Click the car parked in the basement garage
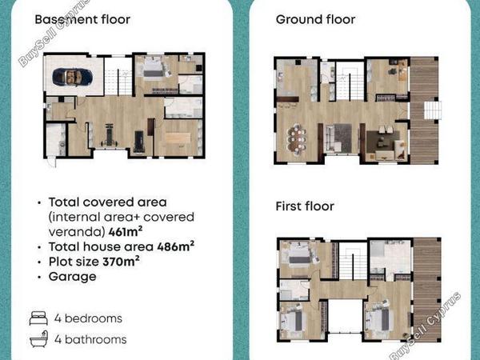tap(72, 77)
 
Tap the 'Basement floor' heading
tap(82, 19)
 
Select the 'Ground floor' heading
tap(316, 19)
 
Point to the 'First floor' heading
tap(305, 206)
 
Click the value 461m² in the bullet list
tap(126, 232)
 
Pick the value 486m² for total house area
tap(176, 246)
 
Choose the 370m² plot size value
tap(122, 262)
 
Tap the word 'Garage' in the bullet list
tap(73, 277)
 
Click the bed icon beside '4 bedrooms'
tap(38, 318)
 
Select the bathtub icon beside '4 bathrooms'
tap(38, 339)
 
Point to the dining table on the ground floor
tap(297, 139)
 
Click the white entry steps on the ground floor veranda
tap(433, 110)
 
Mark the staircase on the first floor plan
tap(353, 263)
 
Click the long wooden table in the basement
tap(178, 137)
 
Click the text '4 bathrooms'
tap(90, 339)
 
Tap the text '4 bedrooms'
tap(88, 318)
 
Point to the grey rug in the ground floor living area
tap(343, 138)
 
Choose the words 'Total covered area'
tap(108, 202)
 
